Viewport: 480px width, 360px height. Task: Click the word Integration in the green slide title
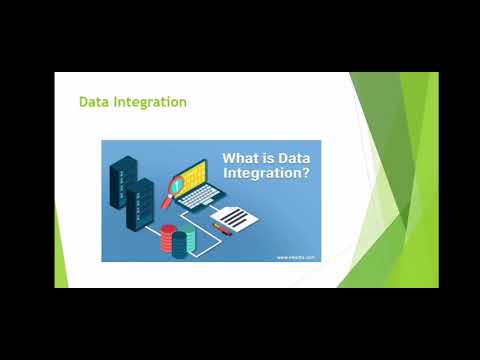149,103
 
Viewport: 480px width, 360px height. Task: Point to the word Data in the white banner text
293,159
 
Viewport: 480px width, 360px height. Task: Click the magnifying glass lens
176,184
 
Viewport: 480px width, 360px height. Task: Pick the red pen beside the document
223,229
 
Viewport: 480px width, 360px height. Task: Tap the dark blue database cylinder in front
179,246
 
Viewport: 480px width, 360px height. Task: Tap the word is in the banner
270,159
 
